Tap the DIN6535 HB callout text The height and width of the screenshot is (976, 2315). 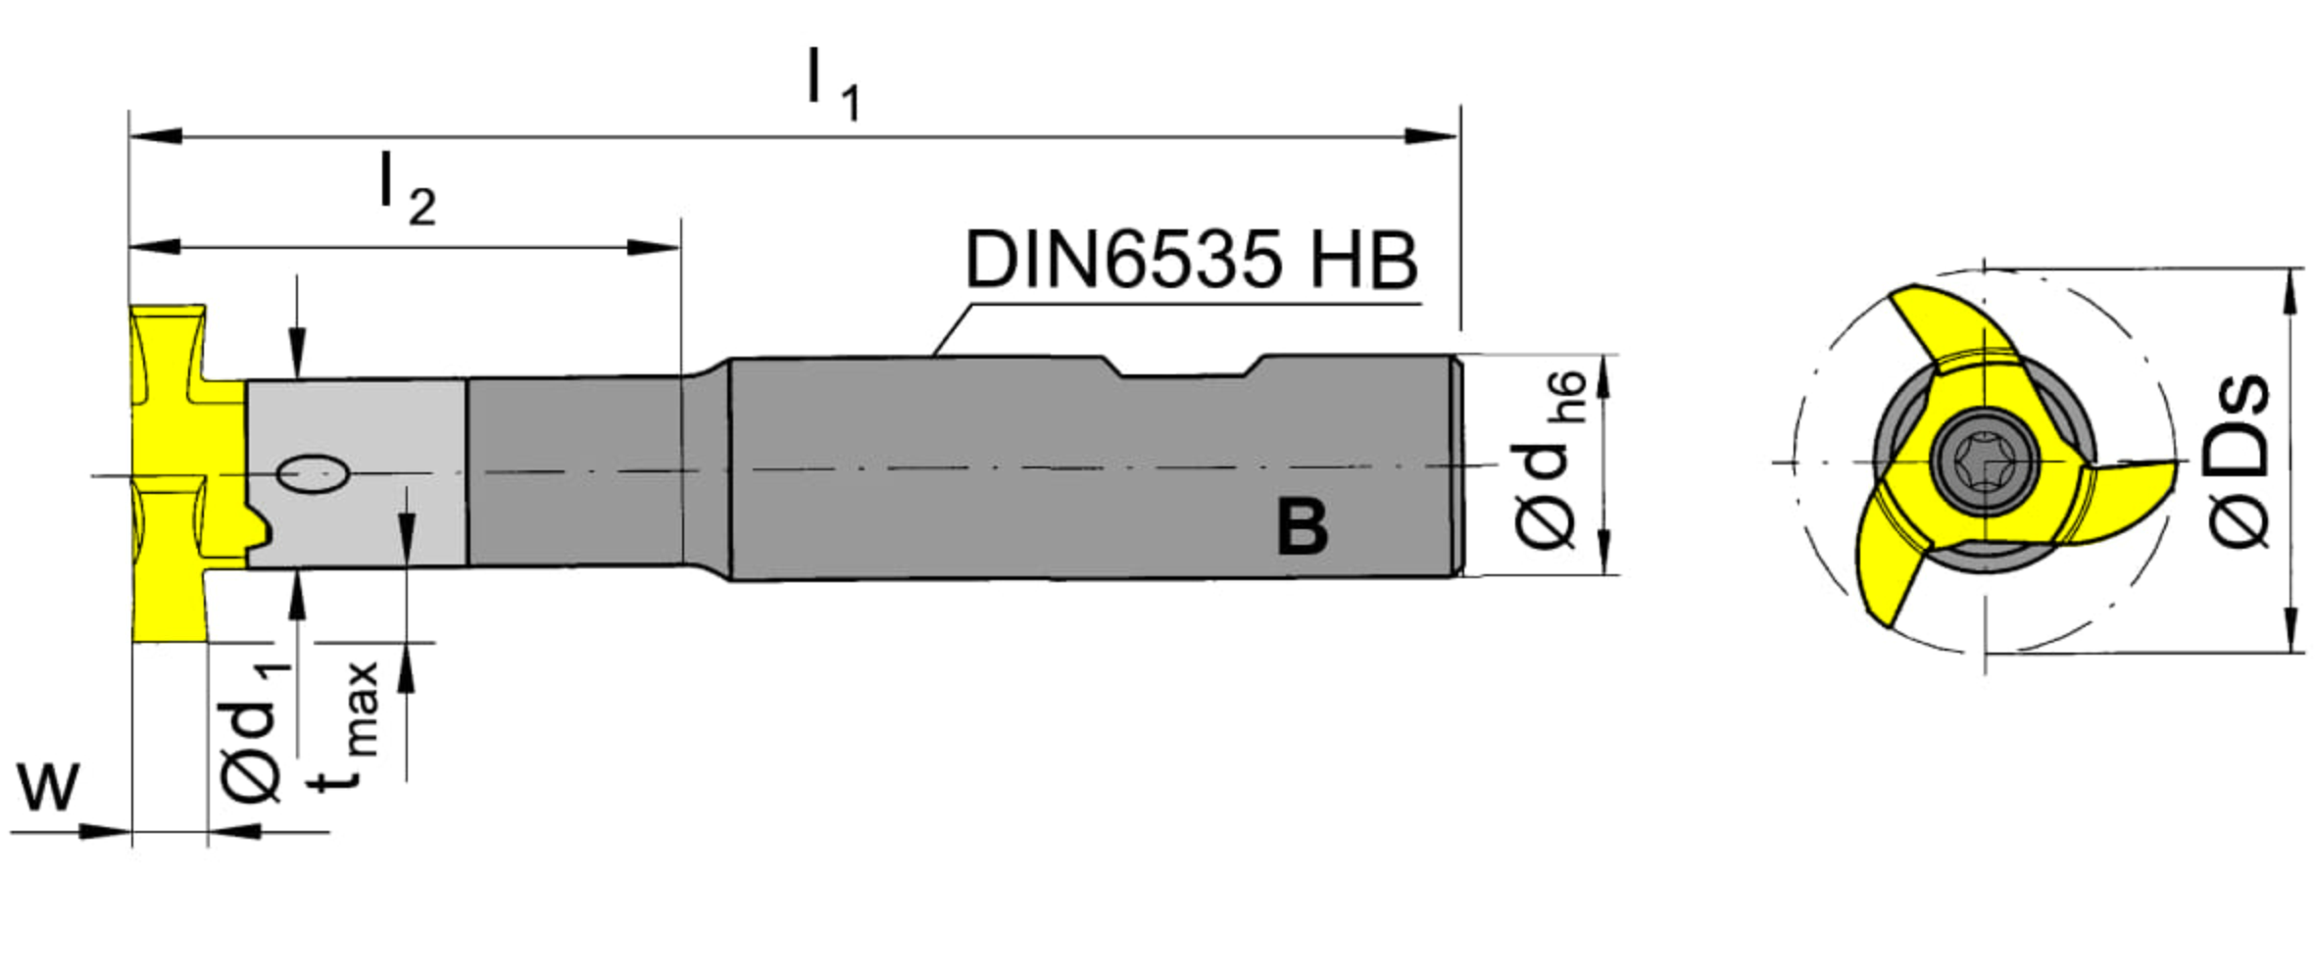click(x=1191, y=260)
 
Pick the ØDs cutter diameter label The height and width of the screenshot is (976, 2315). click(x=2239, y=461)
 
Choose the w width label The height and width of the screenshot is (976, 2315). click(x=48, y=787)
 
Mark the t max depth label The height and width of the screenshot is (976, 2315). click(x=348, y=725)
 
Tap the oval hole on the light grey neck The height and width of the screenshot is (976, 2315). click(x=313, y=474)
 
